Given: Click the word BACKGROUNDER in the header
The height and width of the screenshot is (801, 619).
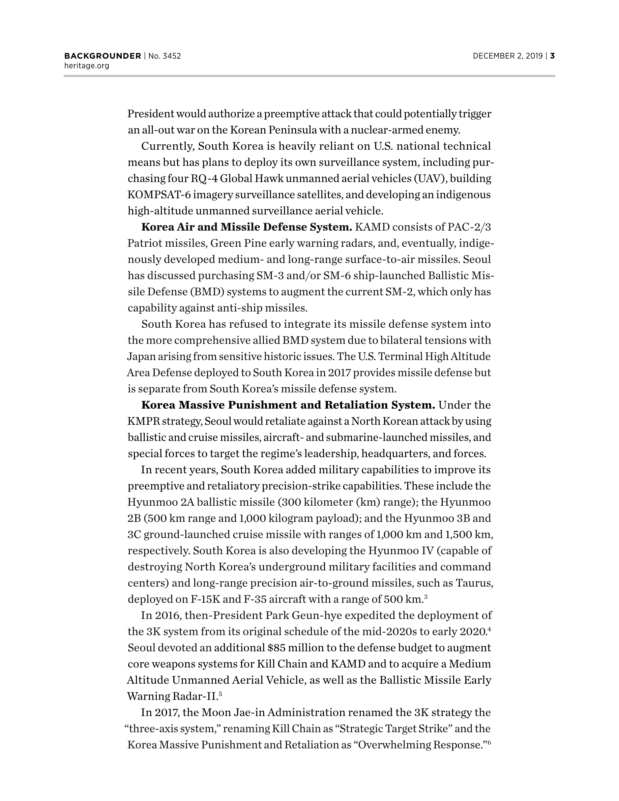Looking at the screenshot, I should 103,56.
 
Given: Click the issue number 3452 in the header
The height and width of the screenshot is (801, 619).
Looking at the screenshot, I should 172,56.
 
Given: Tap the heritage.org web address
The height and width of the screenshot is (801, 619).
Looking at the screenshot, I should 87,66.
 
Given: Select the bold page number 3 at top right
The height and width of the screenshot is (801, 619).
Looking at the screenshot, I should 552,56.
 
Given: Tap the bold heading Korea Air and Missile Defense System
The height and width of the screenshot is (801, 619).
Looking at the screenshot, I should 246,228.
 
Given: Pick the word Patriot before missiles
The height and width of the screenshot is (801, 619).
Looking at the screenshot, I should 144,243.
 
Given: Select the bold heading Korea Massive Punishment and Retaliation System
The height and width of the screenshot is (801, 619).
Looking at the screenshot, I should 288,405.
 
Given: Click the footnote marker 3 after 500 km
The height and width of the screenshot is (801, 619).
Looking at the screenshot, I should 426,597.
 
